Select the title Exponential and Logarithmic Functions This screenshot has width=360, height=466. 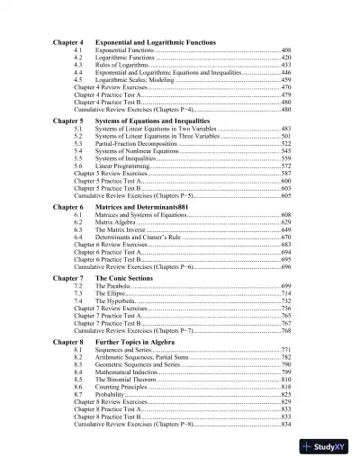click(x=161, y=43)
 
